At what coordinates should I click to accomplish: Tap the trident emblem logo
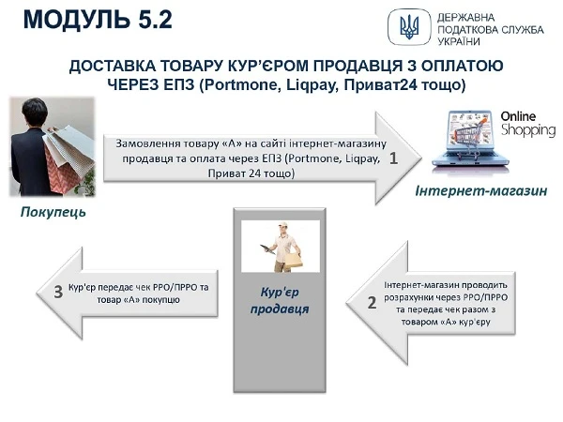409,26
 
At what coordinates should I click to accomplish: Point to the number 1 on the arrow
394,158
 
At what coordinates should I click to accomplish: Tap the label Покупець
53,213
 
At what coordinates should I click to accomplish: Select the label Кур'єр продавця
283,301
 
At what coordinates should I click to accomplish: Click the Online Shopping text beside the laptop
525,125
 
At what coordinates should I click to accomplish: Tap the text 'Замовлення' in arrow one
148,144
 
